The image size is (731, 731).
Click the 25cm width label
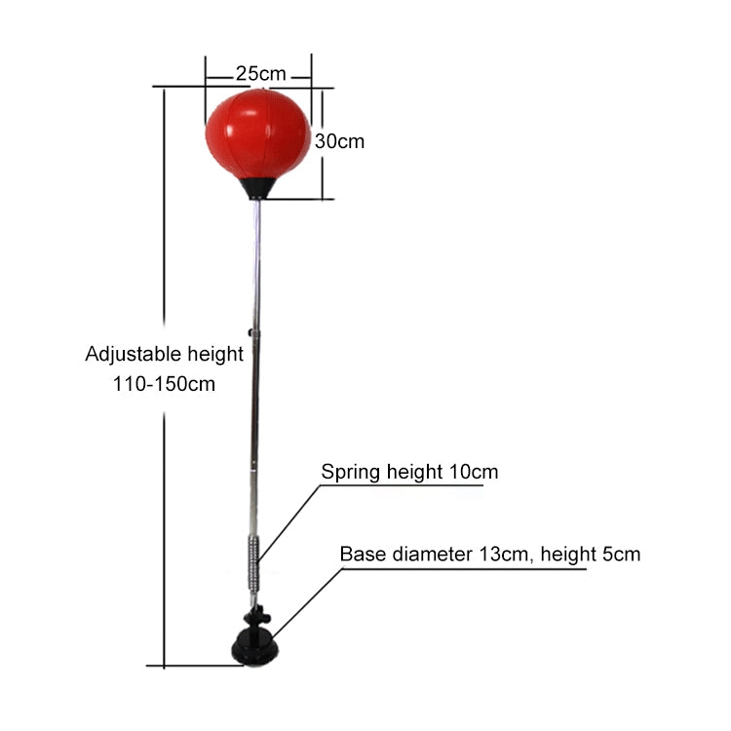(260, 74)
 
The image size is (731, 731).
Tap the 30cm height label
(339, 141)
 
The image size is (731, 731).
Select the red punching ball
(258, 135)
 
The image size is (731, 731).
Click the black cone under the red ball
(257, 188)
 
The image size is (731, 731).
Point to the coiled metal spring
(253, 564)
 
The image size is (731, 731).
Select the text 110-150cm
(164, 384)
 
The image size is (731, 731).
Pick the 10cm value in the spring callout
(474, 472)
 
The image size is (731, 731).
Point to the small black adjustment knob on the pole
(250, 332)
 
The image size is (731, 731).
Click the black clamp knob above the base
(257, 616)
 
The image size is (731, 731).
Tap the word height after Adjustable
(215, 355)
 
